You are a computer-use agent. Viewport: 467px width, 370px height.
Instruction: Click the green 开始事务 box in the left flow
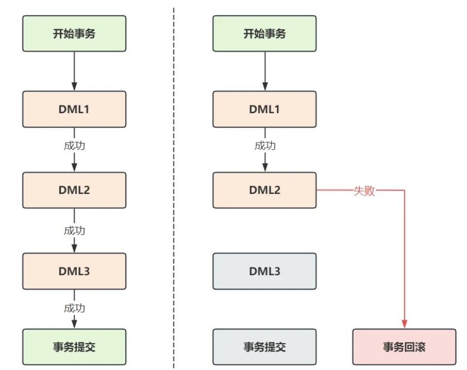pyautogui.click(x=74, y=33)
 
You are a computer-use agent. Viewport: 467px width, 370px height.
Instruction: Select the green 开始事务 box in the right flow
pyautogui.click(x=265, y=33)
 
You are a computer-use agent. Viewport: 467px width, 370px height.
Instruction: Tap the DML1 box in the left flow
pyautogui.click(x=74, y=109)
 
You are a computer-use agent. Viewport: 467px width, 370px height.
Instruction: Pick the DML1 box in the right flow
pyautogui.click(x=265, y=109)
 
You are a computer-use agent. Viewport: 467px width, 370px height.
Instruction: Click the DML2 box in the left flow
pyautogui.click(x=74, y=190)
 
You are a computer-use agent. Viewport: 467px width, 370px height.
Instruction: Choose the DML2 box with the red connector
pyautogui.click(x=265, y=190)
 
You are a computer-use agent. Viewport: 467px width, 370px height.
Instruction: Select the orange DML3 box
pyautogui.click(x=74, y=271)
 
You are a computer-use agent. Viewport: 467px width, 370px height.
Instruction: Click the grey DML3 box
pyautogui.click(x=265, y=271)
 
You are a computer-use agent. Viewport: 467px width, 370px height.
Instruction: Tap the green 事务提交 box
pyautogui.click(x=74, y=347)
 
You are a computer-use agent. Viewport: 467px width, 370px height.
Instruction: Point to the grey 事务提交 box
pyautogui.click(x=265, y=347)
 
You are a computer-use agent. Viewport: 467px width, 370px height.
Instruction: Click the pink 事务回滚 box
pyautogui.click(x=404, y=347)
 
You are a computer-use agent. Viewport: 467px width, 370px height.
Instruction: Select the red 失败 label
pyautogui.click(x=364, y=190)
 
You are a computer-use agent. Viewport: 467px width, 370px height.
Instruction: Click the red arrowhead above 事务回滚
pyautogui.click(x=405, y=324)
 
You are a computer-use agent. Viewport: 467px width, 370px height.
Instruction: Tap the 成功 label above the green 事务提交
pyautogui.click(x=75, y=308)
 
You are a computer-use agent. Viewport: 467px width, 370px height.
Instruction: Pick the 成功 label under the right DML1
pyautogui.click(x=265, y=146)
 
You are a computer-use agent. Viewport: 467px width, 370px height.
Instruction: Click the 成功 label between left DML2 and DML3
pyautogui.click(x=75, y=231)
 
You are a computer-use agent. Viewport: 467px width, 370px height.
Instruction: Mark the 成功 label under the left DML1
pyautogui.click(x=75, y=146)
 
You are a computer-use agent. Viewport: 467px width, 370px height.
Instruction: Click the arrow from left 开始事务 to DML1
pyautogui.click(x=75, y=71)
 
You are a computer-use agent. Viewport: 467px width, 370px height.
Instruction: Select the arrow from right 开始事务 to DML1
pyautogui.click(x=265, y=71)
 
